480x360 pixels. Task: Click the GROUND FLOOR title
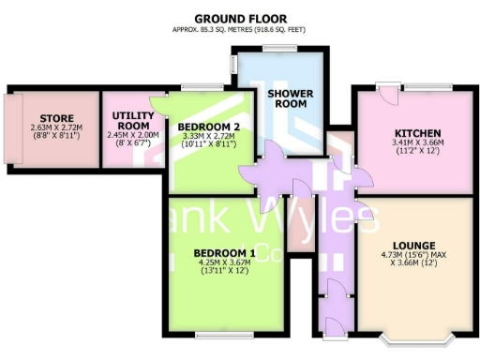(240, 18)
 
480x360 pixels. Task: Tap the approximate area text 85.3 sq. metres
(240, 29)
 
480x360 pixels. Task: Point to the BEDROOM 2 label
(202, 126)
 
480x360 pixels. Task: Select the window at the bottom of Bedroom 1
(223, 334)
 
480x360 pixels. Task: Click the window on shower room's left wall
(234, 67)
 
